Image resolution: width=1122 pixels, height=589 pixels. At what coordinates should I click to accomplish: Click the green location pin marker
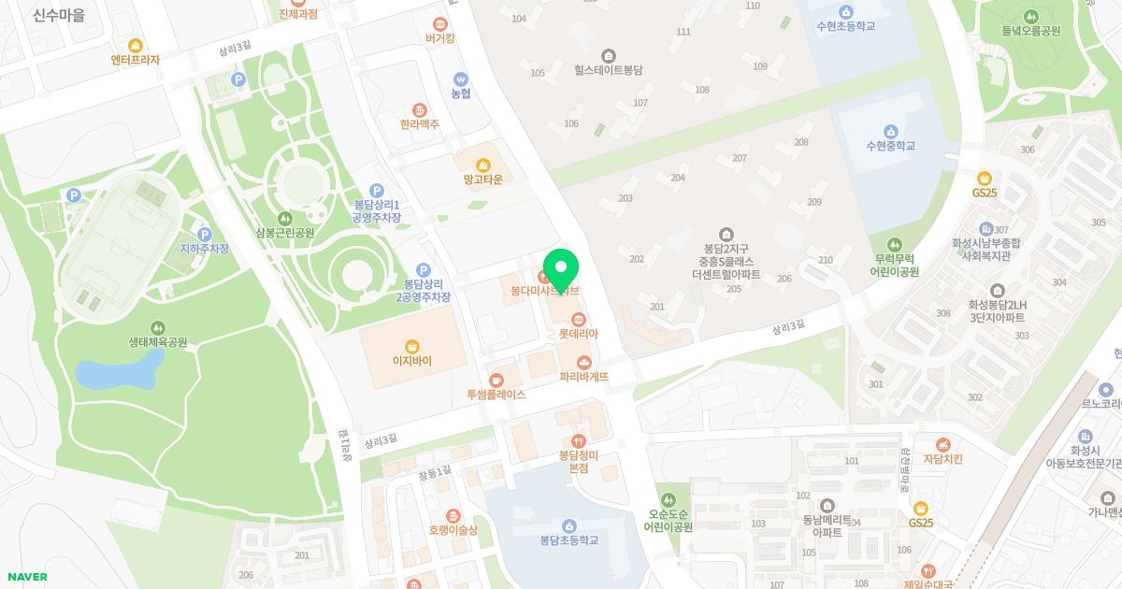(x=560, y=269)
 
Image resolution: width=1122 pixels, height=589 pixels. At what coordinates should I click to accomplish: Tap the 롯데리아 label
(x=578, y=334)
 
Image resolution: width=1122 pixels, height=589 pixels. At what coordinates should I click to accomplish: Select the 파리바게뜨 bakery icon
(x=584, y=362)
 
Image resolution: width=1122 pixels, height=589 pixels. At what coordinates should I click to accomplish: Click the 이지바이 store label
(x=412, y=361)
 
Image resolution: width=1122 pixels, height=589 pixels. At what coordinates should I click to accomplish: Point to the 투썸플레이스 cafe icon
(x=496, y=380)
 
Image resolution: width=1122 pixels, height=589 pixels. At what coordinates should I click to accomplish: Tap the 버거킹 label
(x=439, y=38)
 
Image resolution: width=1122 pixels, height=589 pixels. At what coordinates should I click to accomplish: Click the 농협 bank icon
(x=460, y=79)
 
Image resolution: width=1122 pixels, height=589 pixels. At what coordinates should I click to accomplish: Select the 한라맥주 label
(x=420, y=124)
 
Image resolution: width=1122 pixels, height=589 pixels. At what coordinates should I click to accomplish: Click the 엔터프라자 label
(x=136, y=60)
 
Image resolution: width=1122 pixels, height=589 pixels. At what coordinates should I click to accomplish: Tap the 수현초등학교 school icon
(x=845, y=11)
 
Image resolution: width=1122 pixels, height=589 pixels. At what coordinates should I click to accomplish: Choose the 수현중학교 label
(x=890, y=146)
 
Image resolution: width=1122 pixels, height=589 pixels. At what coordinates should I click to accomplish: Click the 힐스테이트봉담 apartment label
(x=609, y=70)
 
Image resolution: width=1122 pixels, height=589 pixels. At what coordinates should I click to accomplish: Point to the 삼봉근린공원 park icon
(x=285, y=218)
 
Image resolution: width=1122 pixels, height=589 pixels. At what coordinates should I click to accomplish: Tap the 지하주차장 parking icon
(x=205, y=234)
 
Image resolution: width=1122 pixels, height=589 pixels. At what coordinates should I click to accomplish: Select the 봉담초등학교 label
(x=568, y=540)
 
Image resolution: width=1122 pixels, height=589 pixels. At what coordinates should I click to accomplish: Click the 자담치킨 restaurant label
(x=942, y=459)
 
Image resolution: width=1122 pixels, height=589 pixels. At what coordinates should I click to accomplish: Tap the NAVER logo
(x=26, y=577)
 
